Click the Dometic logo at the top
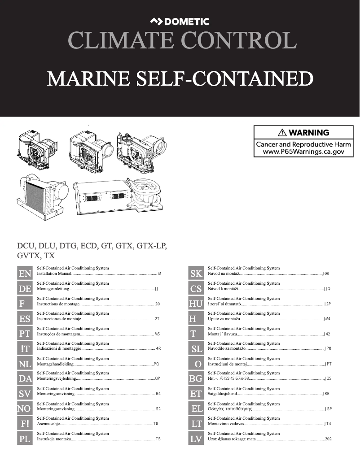click(180, 21)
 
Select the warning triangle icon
click(282, 133)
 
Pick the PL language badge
click(25, 439)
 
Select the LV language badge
click(196, 439)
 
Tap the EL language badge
click(196, 409)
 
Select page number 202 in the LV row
click(328, 439)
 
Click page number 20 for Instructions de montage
click(157, 304)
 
